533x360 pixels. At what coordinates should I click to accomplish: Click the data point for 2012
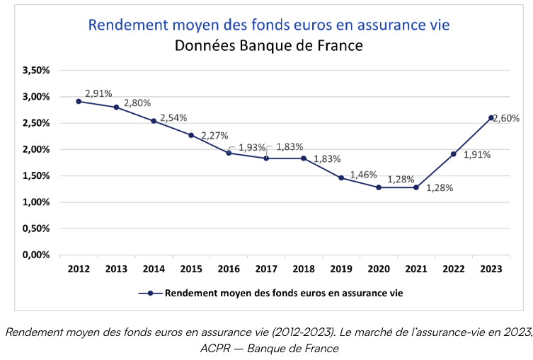tap(79, 101)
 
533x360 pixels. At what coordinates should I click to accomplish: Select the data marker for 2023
tap(491, 117)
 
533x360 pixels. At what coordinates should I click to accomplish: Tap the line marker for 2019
tap(341, 178)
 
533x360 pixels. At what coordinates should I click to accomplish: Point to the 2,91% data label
tap(98, 93)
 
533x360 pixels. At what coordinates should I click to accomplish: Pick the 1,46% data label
tap(362, 174)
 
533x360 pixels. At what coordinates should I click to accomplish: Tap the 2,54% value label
tap(173, 118)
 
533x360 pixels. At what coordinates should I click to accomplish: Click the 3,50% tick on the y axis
tap(36, 70)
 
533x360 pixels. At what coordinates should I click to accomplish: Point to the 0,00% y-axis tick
tap(36, 255)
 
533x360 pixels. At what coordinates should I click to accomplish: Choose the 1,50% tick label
tap(36, 175)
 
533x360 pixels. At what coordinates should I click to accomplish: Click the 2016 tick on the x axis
tap(229, 269)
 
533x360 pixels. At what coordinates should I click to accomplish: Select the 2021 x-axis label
tap(416, 269)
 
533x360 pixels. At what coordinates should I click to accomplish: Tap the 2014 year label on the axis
tap(154, 269)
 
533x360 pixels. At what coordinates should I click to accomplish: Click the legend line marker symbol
tap(150, 292)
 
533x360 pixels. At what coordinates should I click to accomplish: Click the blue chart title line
tap(268, 25)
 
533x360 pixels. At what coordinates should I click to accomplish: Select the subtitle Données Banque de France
tap(268, 47)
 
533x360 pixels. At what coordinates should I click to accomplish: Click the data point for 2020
tap(379, 187)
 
